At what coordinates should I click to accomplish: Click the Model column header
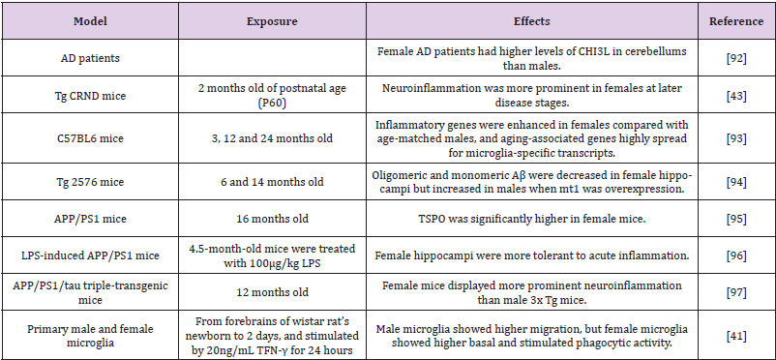[x=97, y=19]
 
